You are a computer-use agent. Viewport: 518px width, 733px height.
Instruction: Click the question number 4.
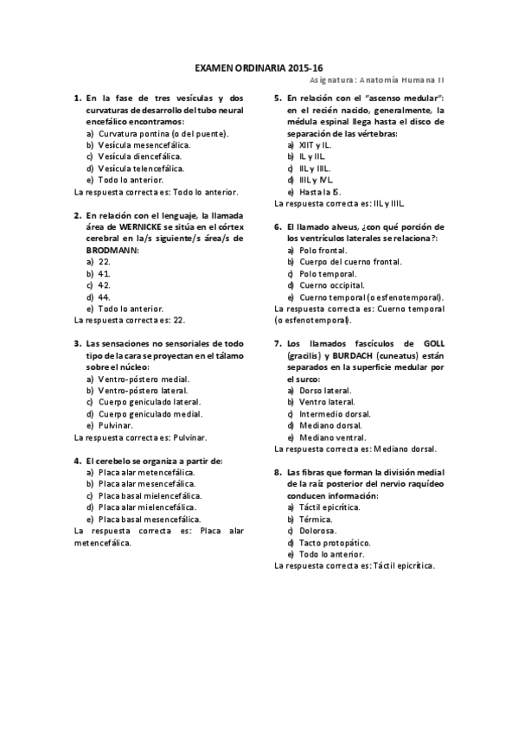tap(78, 461)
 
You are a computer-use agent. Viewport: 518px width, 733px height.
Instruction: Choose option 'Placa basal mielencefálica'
tap(150, 496)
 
